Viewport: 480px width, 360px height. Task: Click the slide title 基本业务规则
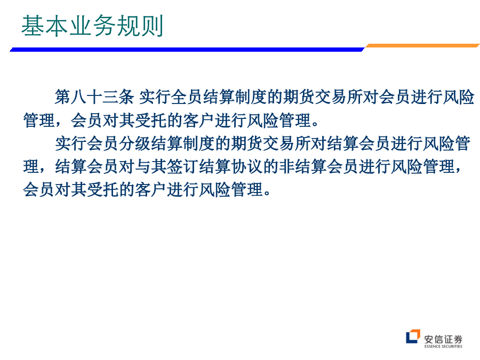coord(92,26)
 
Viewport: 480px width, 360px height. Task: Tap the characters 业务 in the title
coord(92,26)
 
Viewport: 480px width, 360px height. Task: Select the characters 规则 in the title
coord(140,26)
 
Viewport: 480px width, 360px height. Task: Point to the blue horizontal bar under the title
coord(187,49)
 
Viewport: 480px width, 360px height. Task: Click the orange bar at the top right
coord(422,46)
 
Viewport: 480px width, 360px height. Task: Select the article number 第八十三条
coord(94,97)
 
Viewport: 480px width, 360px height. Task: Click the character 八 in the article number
coord(78,97)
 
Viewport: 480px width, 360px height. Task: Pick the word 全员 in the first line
coord(187,97)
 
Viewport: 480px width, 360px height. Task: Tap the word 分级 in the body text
coord(135,143)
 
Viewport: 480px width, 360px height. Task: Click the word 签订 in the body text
coord(182,167)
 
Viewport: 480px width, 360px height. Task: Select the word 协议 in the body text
coord(246,167)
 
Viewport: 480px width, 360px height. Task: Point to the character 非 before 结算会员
coord(286,167)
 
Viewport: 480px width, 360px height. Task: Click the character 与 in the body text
coord(142,167)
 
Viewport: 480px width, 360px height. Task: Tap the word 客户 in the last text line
coord(150,189)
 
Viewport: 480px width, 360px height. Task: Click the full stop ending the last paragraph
coord(267,193)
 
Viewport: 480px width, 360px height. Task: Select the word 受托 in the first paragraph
coord(150,121)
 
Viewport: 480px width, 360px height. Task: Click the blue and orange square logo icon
coord(413,337)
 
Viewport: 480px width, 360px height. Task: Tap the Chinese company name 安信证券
coord(443,339)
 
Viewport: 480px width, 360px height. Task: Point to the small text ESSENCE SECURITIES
coord(443,346)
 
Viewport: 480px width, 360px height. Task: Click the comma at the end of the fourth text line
coord(458,170)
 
